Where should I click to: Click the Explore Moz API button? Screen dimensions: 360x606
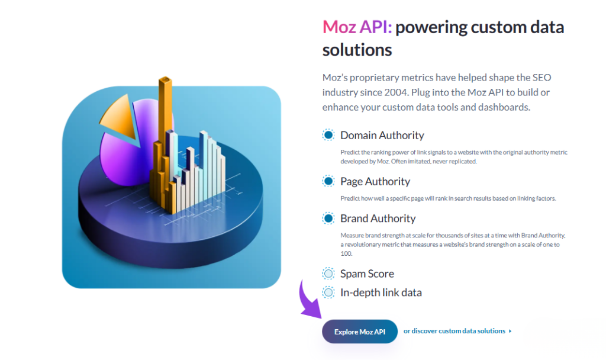[359, 332]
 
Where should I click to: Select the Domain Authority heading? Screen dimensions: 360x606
[382, 135]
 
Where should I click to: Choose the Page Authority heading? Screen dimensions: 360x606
[375, 181]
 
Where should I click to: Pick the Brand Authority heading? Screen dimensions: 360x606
[378, 218]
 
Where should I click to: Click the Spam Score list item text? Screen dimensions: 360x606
[367, 274]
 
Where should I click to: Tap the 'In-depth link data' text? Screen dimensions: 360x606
[381, 292]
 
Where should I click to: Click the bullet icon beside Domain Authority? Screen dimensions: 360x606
[328, 135]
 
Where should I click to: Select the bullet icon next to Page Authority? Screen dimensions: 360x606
[328, 181]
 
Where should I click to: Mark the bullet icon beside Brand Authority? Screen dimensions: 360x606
[328, 218]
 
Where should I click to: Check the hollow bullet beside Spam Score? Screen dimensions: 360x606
[328, 274]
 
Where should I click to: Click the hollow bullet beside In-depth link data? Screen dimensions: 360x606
[328, 292]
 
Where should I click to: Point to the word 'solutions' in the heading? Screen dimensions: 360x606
[357, 50]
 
